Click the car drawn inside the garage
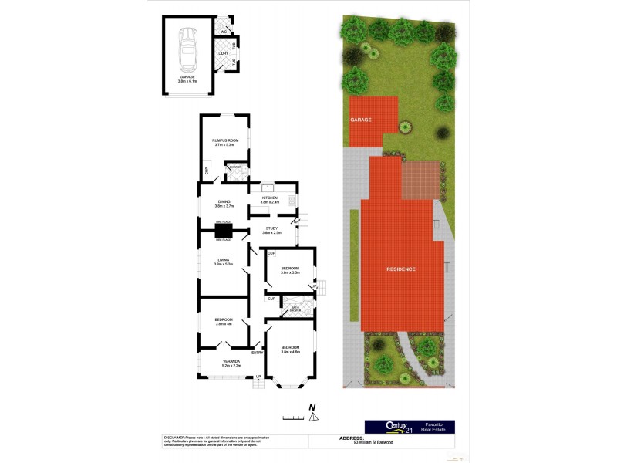point(187,49)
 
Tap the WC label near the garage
point(224,32)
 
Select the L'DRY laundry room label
point(224,53)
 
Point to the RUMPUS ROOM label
point(225,140)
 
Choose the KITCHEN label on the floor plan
point(270,198)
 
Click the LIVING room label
point(224,261)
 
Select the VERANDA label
point(231,360)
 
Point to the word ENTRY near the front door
point(257,353)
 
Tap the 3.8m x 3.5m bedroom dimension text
point(290,272)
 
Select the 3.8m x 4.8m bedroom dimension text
point(290,352)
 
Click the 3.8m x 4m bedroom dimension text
point(224,324)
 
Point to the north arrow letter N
point(312,407)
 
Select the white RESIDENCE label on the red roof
point(401,269)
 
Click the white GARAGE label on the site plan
point(361,120)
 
